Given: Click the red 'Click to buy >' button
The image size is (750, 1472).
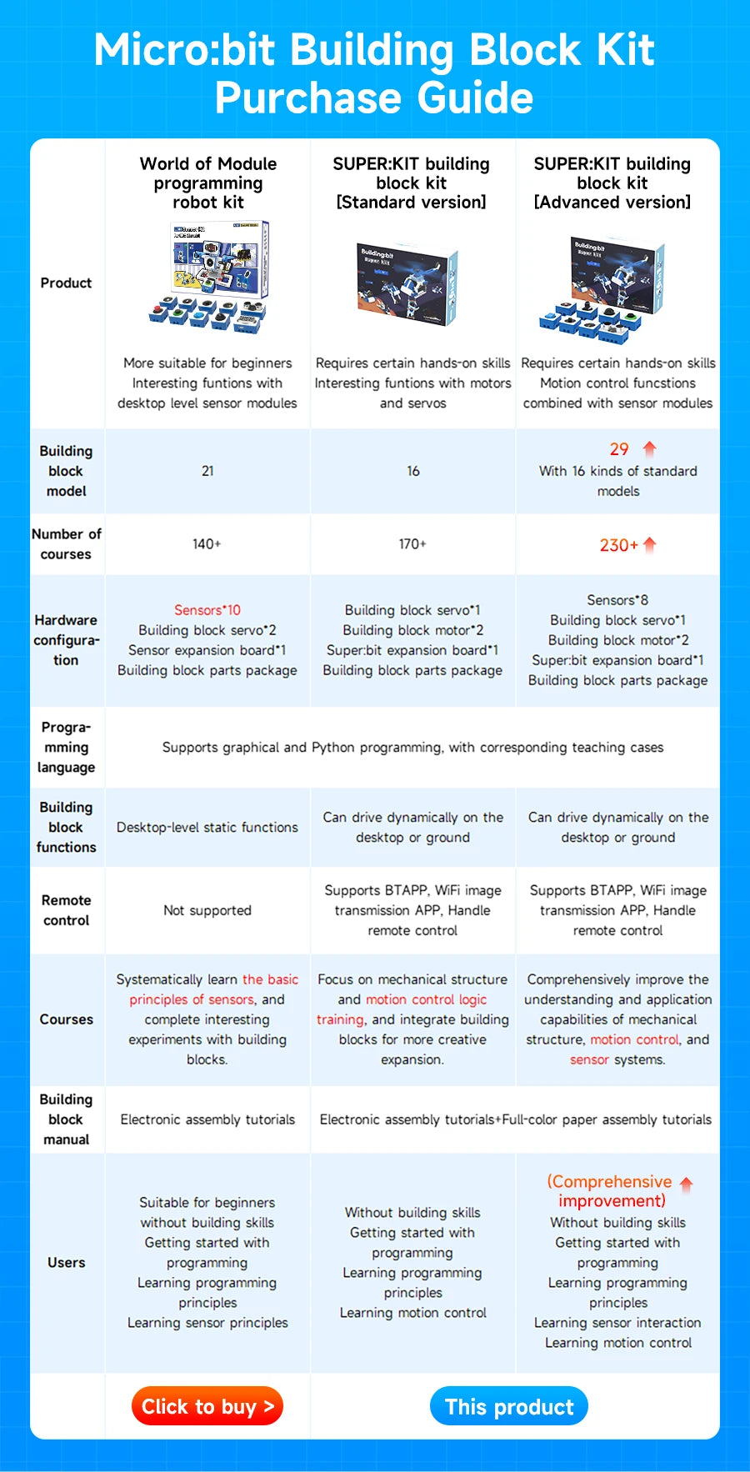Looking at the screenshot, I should [x=207, y=1406].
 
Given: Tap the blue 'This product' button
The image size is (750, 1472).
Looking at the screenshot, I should [x=509, y=1406].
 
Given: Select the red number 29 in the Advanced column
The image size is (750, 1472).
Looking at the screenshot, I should [x=618, y=449].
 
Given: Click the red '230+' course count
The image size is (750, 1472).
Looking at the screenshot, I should [x=618, y=545].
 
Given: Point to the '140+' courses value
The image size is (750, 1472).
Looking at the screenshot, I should [x=207, y=544].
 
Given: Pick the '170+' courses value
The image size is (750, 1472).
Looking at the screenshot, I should [x=412, y=544].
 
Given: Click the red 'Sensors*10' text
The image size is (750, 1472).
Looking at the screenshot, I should [x=207, y=610].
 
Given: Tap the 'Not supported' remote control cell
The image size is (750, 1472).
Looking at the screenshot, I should [x=207, y=910].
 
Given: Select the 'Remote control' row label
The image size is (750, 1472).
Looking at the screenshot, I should [x=66, y=910].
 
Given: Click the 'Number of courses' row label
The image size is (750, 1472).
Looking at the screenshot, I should [x=66, y=543].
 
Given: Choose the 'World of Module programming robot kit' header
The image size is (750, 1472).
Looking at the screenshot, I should [x=207, y=183].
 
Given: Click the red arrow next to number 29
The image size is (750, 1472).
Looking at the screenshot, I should [x=650, y=448].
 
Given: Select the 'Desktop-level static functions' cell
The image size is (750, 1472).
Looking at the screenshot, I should [x=207, y=827].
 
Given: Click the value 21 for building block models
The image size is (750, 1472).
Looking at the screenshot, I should [x=207, y=471].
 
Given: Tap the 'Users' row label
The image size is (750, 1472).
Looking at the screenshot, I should [x=66, y=1262].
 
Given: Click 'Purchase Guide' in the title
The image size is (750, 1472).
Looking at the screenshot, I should [x=374, y=98].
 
